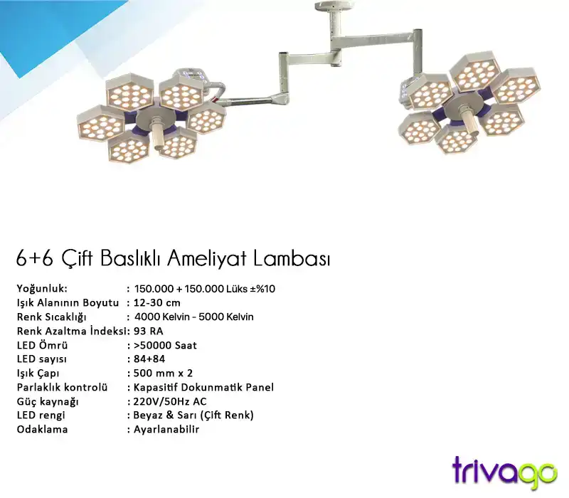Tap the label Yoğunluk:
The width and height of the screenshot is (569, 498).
click(x=42, y=288)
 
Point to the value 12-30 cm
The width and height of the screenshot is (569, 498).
click(x=157, y=302)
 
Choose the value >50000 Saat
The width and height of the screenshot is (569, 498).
click(x=166, y=345)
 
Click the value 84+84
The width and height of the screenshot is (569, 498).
click(x=149, y=359)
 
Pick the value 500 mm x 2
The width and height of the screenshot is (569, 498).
click(x=163, y=373)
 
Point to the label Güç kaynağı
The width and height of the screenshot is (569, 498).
click(x=48, y=401)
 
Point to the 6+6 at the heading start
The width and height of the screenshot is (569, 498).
click(x=33, y=258)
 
